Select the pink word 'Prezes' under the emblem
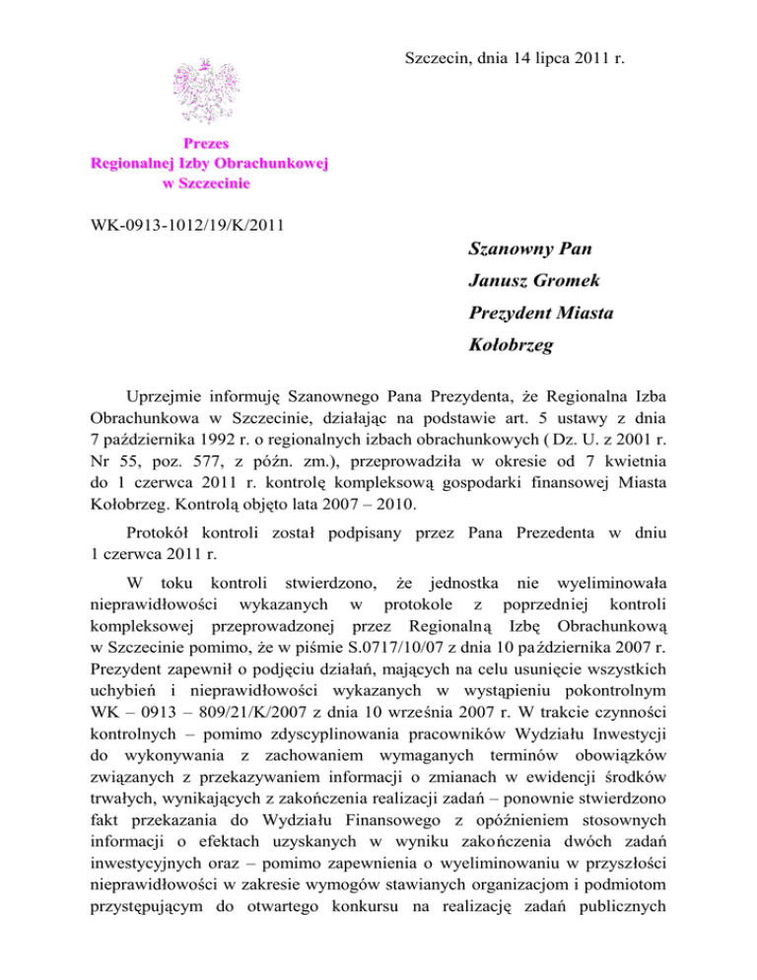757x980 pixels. [x=208, y=144]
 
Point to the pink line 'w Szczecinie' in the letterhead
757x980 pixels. [x=208, y=182]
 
